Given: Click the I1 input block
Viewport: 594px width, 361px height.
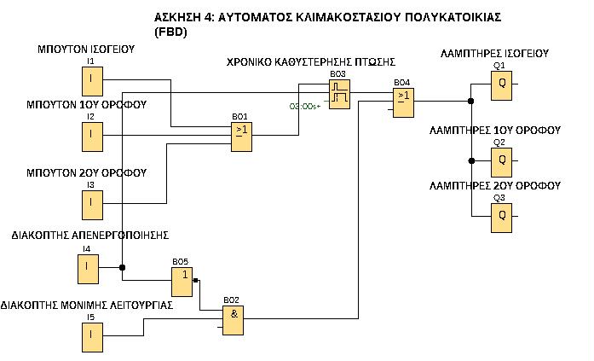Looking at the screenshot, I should pos(90,81).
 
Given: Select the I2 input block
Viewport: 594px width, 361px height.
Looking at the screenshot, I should pos(90,135).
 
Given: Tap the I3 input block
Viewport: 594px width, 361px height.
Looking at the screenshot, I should pos(90,203).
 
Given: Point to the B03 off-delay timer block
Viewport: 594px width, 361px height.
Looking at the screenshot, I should pos(340,96).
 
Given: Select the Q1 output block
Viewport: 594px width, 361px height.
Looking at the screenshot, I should pos(501,84).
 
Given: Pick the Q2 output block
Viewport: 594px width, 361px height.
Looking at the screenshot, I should pos(501,160).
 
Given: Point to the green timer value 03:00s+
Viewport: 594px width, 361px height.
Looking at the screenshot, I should pos(305,107).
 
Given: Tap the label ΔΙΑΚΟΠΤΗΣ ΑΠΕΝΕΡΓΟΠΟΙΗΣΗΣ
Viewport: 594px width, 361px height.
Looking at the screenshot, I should pos(90,234).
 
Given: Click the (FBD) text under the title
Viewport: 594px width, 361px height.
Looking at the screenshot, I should pos(170,32).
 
